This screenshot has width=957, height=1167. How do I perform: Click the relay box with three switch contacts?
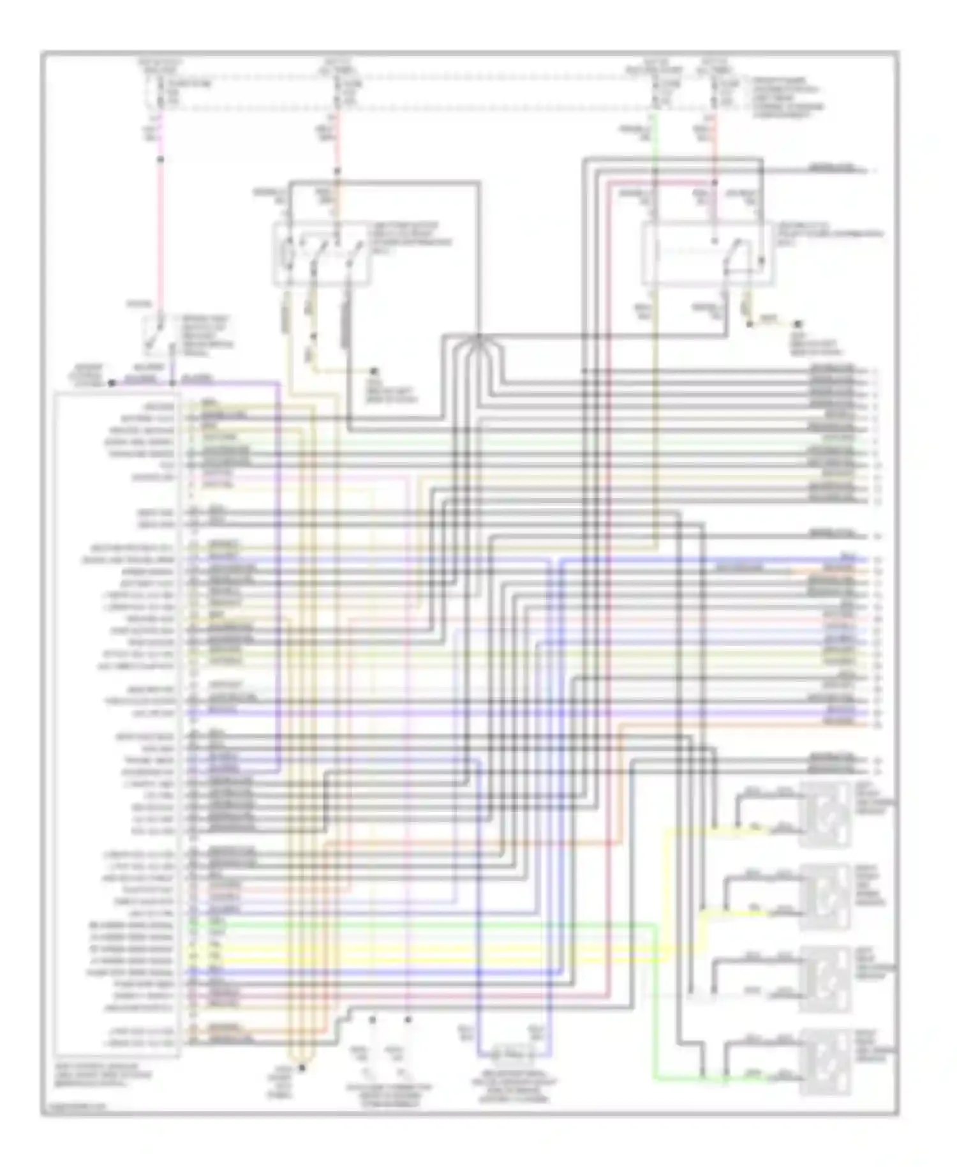322,253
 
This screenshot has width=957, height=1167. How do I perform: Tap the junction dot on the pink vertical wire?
161,159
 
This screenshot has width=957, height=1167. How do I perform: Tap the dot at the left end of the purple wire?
111,383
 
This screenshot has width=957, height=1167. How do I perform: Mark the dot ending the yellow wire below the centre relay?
375,371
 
